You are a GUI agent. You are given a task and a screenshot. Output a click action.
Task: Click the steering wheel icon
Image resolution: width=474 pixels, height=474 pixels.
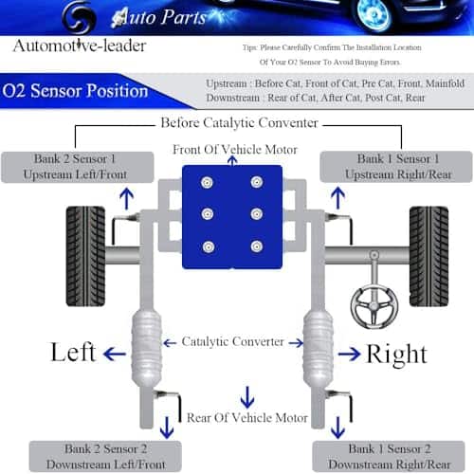[374, 305]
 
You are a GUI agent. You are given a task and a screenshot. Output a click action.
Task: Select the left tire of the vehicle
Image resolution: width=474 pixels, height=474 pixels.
[85, 256]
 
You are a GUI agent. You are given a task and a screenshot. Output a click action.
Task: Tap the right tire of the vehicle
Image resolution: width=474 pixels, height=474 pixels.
[428, 256]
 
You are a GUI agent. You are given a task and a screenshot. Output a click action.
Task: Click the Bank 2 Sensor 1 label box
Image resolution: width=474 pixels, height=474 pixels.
[78, 167]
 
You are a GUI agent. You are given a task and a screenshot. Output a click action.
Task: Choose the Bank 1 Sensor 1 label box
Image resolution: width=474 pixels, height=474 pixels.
[396, 167]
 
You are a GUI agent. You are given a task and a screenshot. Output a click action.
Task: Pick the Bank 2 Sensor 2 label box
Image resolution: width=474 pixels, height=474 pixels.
[105, 456]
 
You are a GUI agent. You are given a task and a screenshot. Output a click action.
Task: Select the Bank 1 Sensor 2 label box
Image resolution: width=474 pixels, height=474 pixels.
[389, 456]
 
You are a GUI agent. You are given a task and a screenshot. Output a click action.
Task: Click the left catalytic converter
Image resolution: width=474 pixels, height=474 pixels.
[147, 348]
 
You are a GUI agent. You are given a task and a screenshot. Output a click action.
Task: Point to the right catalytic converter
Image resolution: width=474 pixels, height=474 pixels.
[318, 348]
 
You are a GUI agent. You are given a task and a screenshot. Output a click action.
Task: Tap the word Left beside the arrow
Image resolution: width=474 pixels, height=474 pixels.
[73, 352]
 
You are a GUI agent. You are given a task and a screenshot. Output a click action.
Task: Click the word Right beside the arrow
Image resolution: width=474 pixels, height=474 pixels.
[397, 355]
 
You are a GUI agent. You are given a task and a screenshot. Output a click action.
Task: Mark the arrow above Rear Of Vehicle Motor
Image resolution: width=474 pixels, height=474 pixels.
[247, 397]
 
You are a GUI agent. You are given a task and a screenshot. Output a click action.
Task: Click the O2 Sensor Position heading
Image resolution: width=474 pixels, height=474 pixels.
[75, 91]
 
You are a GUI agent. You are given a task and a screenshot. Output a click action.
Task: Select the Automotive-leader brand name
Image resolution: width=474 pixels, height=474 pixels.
[80, 46]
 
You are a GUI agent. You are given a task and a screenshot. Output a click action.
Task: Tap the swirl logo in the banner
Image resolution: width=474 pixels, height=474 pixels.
[79, 17]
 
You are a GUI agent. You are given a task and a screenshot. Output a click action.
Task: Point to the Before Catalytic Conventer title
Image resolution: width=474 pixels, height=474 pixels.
[239, 122]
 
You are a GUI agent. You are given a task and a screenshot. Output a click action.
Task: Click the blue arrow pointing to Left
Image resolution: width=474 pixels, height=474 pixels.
[115, 354]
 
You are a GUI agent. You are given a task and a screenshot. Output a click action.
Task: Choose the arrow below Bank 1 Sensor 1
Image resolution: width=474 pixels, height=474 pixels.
[337, 198]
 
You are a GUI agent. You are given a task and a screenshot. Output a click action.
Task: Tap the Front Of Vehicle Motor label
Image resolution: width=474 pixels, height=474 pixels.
[235, 150]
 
